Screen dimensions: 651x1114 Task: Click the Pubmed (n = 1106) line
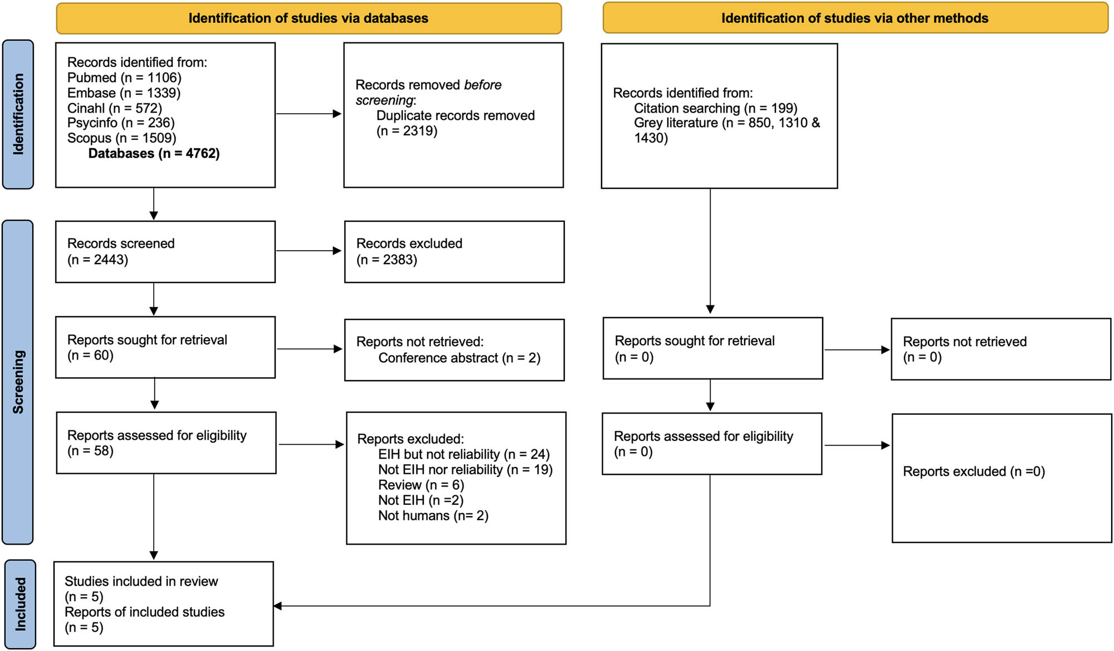pos(124,77)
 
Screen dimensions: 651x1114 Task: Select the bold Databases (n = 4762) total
pos(154,153)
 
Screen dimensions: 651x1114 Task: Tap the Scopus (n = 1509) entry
pos(121,138)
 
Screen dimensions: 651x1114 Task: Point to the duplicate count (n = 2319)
pos(407,131)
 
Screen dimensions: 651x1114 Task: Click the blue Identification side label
pos(18,114)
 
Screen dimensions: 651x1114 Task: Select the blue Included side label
pos(21,604)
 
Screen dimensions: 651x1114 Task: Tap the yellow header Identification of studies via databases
pos(308,18)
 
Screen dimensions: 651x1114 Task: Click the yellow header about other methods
pos(854,18)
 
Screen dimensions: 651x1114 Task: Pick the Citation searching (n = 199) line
pos(715,108)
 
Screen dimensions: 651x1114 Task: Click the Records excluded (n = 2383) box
pos(454,252)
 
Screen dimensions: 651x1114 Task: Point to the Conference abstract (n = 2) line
pos(459,358)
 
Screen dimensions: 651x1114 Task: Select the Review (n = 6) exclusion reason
pos(421,485)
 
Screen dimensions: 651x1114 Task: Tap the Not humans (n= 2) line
pos(433,516)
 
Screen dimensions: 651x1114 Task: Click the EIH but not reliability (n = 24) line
pos(463,454)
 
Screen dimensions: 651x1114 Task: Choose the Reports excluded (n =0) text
pos(974,472)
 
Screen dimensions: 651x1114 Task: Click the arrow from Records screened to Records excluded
pos(308,251)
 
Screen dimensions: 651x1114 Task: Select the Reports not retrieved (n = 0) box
pos(1000,349)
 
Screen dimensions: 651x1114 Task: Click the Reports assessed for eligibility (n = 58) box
pos(166,443)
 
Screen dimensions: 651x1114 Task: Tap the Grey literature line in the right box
pos(726,123)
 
